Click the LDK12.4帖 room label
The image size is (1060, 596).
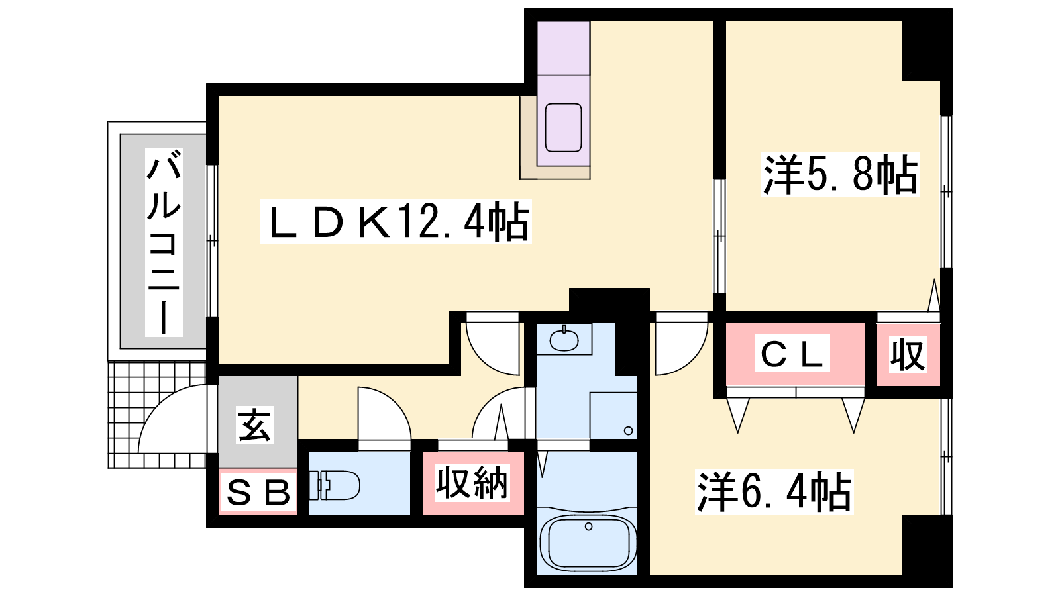tap(396, 222)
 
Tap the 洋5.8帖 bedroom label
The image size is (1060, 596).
tap(840, 175)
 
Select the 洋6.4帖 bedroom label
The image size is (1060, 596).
tap(774, 491)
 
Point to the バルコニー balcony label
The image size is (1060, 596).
tap(164, 242)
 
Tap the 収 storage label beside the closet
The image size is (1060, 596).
tap(908, 355)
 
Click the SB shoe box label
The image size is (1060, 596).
tap(258, 492)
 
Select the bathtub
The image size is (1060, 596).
tap(587, 542)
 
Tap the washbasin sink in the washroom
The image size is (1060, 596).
tap(564, 340)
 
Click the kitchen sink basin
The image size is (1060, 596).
tap(563, 127)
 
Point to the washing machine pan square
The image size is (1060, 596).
tap(613, 416)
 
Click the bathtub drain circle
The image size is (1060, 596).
tap(588, 527)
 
